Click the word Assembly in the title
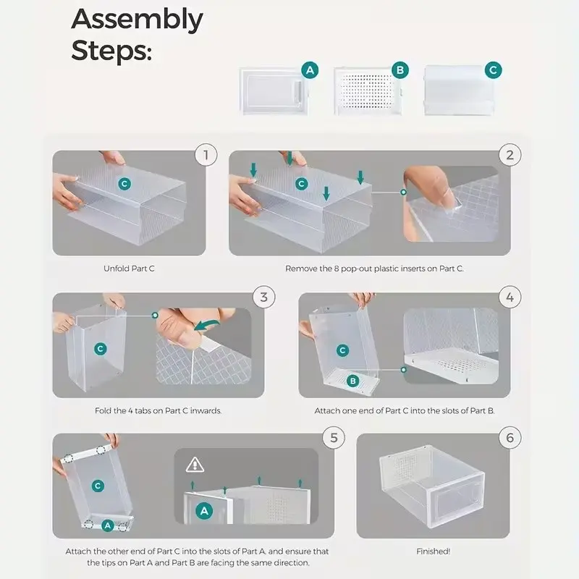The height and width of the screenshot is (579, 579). pyautogui.click(x=137, y=20)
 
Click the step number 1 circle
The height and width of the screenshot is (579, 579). pyautogui.click(x=206, y=155)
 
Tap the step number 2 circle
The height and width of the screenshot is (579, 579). pyautogui.click(x=510, y=155)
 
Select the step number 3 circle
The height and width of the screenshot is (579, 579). pyautogui.click(x=263, y=297)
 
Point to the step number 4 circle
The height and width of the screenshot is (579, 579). pyautogui.click(x=510, y=297)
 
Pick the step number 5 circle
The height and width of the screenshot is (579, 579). pyautogui.click(x=334, y=438)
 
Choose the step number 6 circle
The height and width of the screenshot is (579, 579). pyautogui.click(x=510, y=438)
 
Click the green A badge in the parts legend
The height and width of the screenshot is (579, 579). pyautogui.click(x=310, y=70)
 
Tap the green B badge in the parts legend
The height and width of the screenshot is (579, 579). pyautogui.click(x=400, y=70)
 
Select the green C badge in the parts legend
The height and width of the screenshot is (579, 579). pyautogui.click(x=494, y=70)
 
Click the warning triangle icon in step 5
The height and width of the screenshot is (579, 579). pyautogui.click(x=195, y=465)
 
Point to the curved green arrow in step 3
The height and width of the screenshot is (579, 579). pyautogui.click(x=206, y=325)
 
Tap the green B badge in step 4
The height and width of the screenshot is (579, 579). pyautogui.click(x=353, y=381)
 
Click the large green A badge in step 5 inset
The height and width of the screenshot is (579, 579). pyautogui.click(x=204, y=512)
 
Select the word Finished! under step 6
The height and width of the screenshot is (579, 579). pyautogui.click(x=433, y=551)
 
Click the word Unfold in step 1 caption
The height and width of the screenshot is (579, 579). pyautogui.click(x=117, y=269)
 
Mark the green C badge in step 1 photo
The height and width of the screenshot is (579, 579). pyautogui.click(x=124, y=184)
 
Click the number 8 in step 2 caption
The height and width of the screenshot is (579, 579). pyautogui.click(x=337, y=269)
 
